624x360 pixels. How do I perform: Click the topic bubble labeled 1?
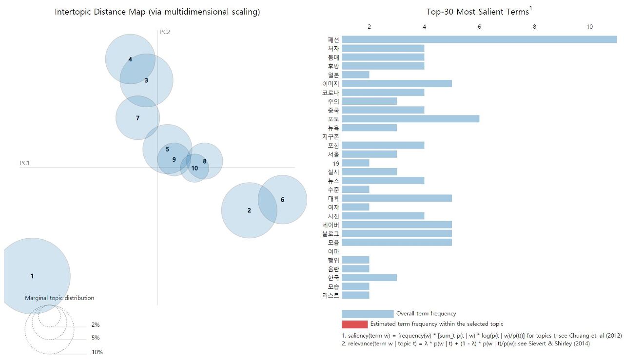tap(32, 276)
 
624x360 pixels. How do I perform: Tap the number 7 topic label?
tap(137, 118)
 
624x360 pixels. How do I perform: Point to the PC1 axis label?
tap(24, 163)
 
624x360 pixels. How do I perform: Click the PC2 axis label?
tap(165, 32)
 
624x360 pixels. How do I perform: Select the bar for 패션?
tap(479, 39)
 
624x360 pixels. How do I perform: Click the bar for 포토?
tap(410, 119)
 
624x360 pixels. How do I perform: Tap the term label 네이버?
tap(331, 225)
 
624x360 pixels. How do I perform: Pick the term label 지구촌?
tap(331, 136)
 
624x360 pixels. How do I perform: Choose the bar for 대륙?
tap(396, 198)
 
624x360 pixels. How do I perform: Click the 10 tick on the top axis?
tap(589, 27)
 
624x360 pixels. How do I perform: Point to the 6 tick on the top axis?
tap(479, 27)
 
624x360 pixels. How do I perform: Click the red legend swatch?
tap(354, 324)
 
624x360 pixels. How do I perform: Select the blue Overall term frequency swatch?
tap(367, 314)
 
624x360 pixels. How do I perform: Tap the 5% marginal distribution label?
tap(96, 338)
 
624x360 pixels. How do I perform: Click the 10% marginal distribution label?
tap(97, 352)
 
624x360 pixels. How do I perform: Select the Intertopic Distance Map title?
tap(157, 12)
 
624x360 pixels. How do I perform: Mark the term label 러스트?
tap(331, 295)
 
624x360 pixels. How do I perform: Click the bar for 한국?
tap(369, 278)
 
